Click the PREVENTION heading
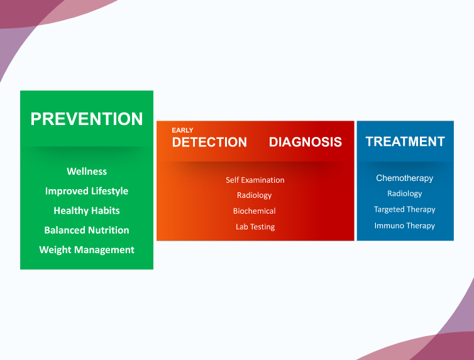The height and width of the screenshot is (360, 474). point(87,119)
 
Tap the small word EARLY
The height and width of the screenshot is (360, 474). point(182,130)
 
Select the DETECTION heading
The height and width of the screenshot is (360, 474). point(209,142)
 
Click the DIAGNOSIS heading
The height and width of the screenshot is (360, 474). point(306,142)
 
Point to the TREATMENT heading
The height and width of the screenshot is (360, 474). point(405,141)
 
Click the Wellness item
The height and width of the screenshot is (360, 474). point(87,172)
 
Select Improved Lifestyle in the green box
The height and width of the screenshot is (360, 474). point(87,191)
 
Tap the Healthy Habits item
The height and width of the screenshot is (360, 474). point(87,210)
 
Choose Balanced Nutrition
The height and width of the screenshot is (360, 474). point(87,230)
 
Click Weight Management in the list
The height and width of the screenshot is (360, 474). point(87,250)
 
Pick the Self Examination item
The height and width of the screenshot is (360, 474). point(255,180)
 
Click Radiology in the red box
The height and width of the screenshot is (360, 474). point(254,195)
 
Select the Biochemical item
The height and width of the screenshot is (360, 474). point(254,211)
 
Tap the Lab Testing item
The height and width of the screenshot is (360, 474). point(255,227)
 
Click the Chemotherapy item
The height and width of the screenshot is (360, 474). point(404,178)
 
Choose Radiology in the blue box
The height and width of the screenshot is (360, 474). point(404,194)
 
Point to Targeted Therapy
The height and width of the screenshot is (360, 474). point(404,210)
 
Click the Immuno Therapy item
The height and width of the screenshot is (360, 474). point(404,226)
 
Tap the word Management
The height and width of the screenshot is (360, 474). point(104,250)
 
